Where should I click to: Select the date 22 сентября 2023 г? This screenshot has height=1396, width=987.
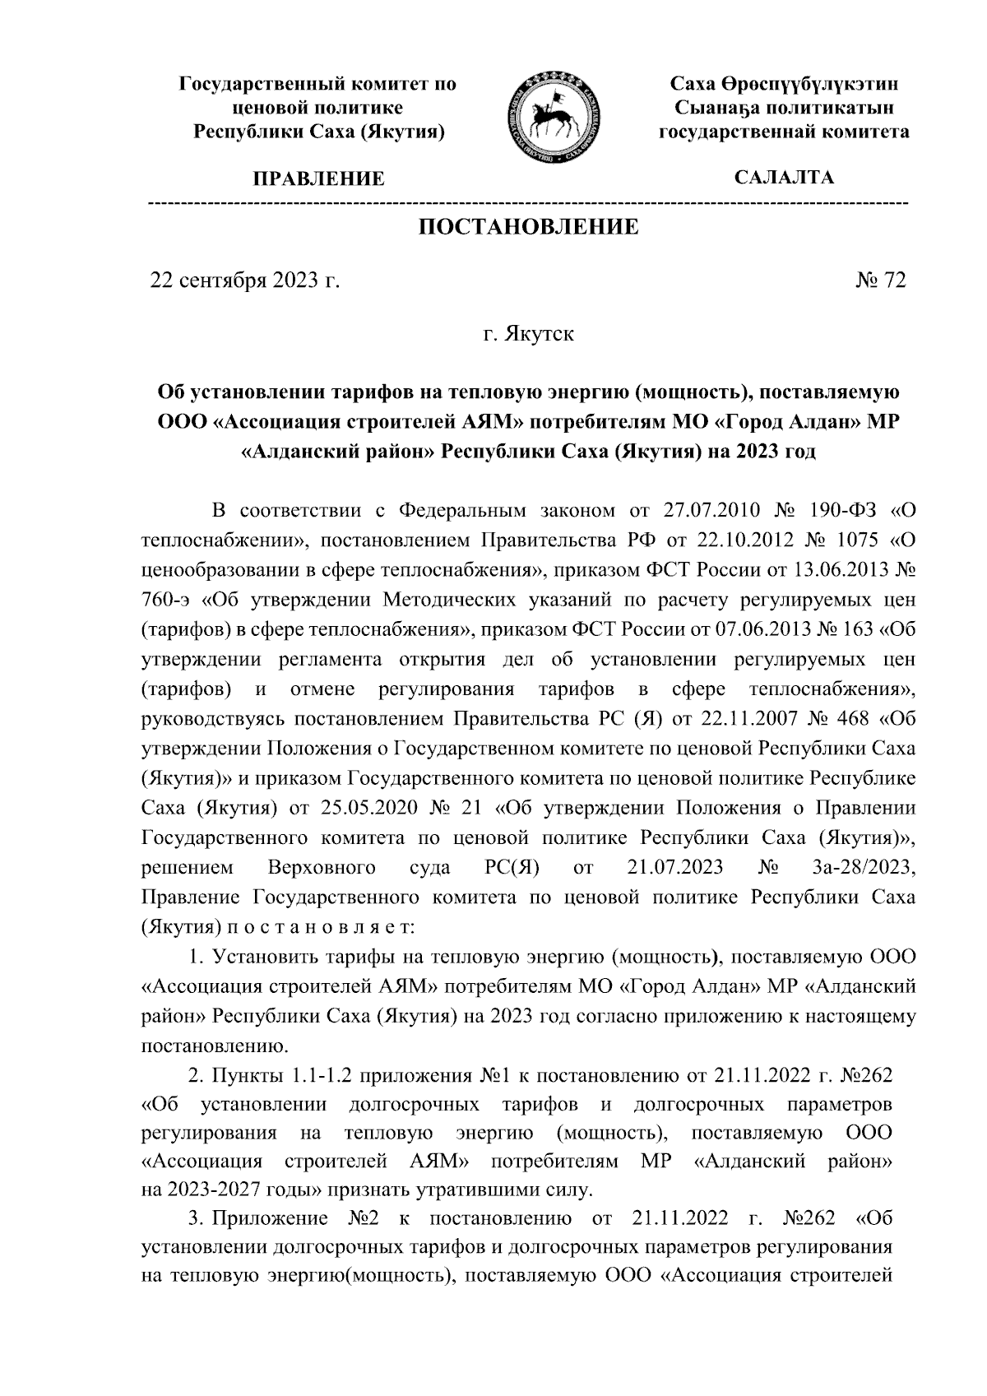243,281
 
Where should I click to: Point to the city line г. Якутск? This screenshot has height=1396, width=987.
528,335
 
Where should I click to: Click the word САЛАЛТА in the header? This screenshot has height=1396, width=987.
784,178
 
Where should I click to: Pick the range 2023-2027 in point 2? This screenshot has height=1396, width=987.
216,1189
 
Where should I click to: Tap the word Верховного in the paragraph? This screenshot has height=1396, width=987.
322,868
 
